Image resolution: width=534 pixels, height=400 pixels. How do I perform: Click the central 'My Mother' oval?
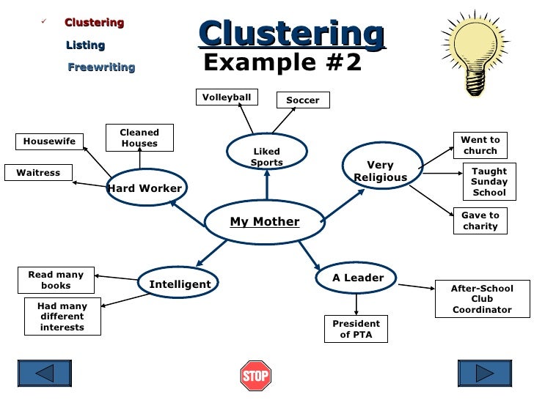coord(265,221)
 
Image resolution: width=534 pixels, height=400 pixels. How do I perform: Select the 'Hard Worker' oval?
coord(145,188)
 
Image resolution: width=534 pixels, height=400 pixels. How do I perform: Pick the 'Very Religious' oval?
coord(380,171)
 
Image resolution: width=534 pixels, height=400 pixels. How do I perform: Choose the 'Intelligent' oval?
coord(180,284)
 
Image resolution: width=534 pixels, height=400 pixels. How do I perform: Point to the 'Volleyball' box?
coord(227,97)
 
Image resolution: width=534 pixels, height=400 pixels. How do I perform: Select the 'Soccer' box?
coord(303,100)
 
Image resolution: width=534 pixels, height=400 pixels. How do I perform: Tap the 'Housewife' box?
coord(49,141)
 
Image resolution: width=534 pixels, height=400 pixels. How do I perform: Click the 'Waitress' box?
coord(38,173)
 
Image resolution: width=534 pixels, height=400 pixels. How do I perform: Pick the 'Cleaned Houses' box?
coord(139,138)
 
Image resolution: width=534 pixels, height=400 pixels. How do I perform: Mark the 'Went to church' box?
coord(480,145)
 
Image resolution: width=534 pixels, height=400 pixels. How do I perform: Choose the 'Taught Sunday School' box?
coord(489,182)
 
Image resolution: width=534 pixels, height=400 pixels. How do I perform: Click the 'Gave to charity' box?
coord(480,221)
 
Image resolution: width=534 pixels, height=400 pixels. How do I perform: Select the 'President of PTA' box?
coord(356,329)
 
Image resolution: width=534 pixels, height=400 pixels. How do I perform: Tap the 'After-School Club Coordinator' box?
coord(482,299)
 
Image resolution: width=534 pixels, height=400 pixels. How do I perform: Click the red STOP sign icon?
coord(256,376)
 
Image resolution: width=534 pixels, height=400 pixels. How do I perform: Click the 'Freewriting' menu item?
coord(101,67)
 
